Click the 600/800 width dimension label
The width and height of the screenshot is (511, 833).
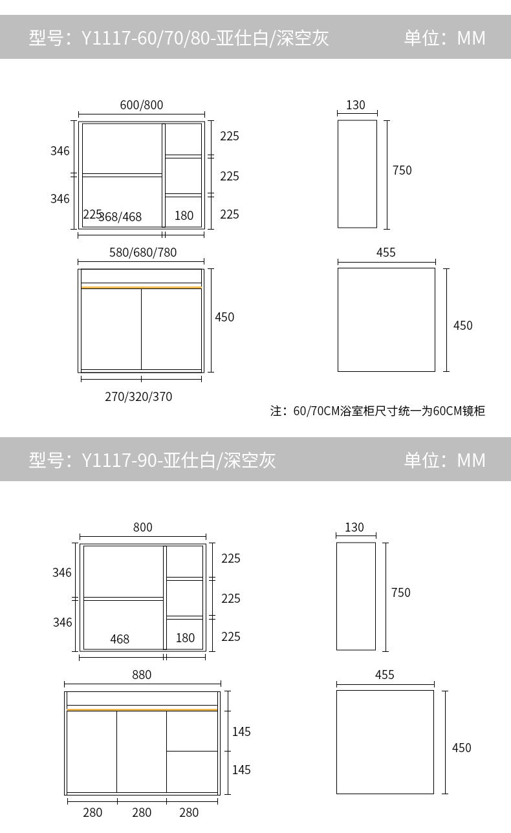pyautogui.click(x=141, y=105)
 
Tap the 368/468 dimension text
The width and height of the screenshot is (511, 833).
pyautogui.click(x=121, y=217)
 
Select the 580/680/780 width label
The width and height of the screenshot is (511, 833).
pyautogui.click(x=143, y=253)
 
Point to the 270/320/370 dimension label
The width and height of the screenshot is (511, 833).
pyautogui.click(x=138, y=396)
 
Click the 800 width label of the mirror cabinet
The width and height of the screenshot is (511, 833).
pyautogui.click(x=143, y=528)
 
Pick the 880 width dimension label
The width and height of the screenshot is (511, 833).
pyautogui.click(x=142, y=675)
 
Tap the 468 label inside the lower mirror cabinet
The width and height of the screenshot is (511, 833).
pyautogui.click(x=120, y=639)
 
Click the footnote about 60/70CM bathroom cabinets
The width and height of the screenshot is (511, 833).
pyautogui.click(x=377, y=411)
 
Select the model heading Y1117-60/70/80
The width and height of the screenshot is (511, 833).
pyautogui.click(x=179, y=38)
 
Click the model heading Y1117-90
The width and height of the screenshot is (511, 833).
pyautogui.click(x=152, y=460)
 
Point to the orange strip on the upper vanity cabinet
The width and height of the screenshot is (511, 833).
pyautogui.click(x=141, y=287)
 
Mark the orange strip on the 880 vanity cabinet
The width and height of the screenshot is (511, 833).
pyautogui.click(x=142, y=709)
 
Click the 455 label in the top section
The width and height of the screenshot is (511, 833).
pyautogui.click(x=386, y=253)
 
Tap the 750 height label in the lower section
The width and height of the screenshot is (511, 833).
pyautogui.click(x=401, y=593)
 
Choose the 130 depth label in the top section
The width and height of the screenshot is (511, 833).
pyautogui.click(x=356, y=105)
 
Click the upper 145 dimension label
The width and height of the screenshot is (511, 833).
pyautogui.click(x=241, y=732)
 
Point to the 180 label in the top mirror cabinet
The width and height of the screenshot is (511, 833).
pyautogui.click(x=184, y=216)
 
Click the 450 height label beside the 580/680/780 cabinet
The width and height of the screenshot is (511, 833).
pyautogui.click(x=224, y=318)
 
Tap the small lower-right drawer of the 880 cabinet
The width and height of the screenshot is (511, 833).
pyautogui.click(x=192, y=771)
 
